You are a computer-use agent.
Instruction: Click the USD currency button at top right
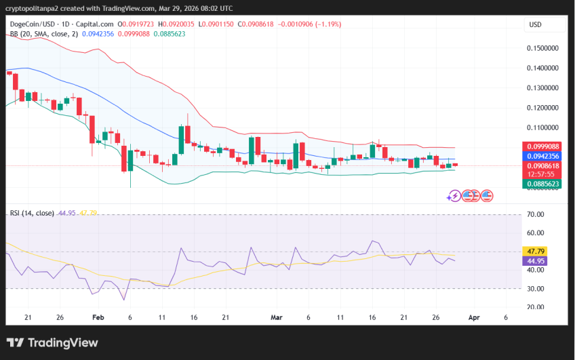(x=535, y=24)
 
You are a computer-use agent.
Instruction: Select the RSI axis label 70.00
(x=536, y=215)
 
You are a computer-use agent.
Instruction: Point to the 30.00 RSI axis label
(x=536, y=289)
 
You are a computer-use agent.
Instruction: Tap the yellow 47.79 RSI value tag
(x=536, y=252)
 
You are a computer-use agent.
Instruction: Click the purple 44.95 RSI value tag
(x=536, y=261)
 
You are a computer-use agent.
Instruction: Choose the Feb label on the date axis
(x=98, y=317)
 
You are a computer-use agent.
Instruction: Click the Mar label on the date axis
(x=276, y=317)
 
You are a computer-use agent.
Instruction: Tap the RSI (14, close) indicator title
(x=32, y=213)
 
